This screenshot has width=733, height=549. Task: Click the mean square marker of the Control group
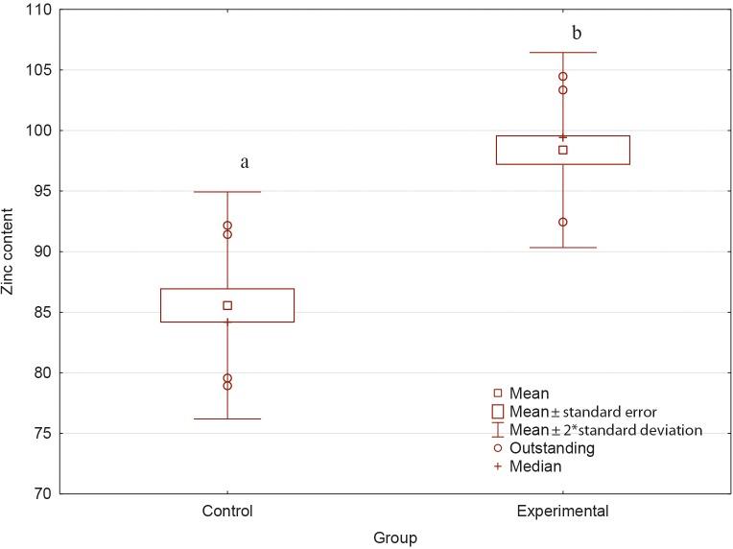pyautogui.click(x=227, y=305)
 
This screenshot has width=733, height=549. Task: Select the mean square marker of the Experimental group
pyautogui.click(x=563, y=150)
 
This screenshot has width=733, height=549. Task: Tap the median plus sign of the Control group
pyautogui.click(x=227, y=322)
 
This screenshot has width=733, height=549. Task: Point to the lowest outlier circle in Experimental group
pyautogui.click(x=563, y=222)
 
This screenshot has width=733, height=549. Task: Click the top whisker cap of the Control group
pyautogui.click(x=227, y=192)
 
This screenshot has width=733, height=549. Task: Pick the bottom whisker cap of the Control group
pyautogui.click(x=227, y=418)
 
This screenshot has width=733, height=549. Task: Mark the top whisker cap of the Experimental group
pyautogui.click(x=563, y=53)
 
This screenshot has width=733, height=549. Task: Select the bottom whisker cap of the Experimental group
pyautogui.click(x=563, y=248)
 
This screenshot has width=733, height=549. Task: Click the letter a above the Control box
pyautogui.click(x=245, y=162)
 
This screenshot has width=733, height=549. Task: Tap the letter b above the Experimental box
pyautogui.click(x=577, y=34)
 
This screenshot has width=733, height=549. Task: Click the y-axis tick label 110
pyautogui.click(x=38, y=10)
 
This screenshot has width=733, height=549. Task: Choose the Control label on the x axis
pyautogui.click(x=227, y=512)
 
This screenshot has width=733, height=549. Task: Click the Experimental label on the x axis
pyautogui.click(x=563, y=512)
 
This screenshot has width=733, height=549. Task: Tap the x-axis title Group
pyautogui.click(x=395, y=538)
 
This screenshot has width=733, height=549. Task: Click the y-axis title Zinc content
pyautogui.click(x=10, y=251)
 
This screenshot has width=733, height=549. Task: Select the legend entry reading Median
pyautogui.click(x=535, y=466)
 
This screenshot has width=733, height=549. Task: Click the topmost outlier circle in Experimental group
pyautogui.click(x=563, y=77)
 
